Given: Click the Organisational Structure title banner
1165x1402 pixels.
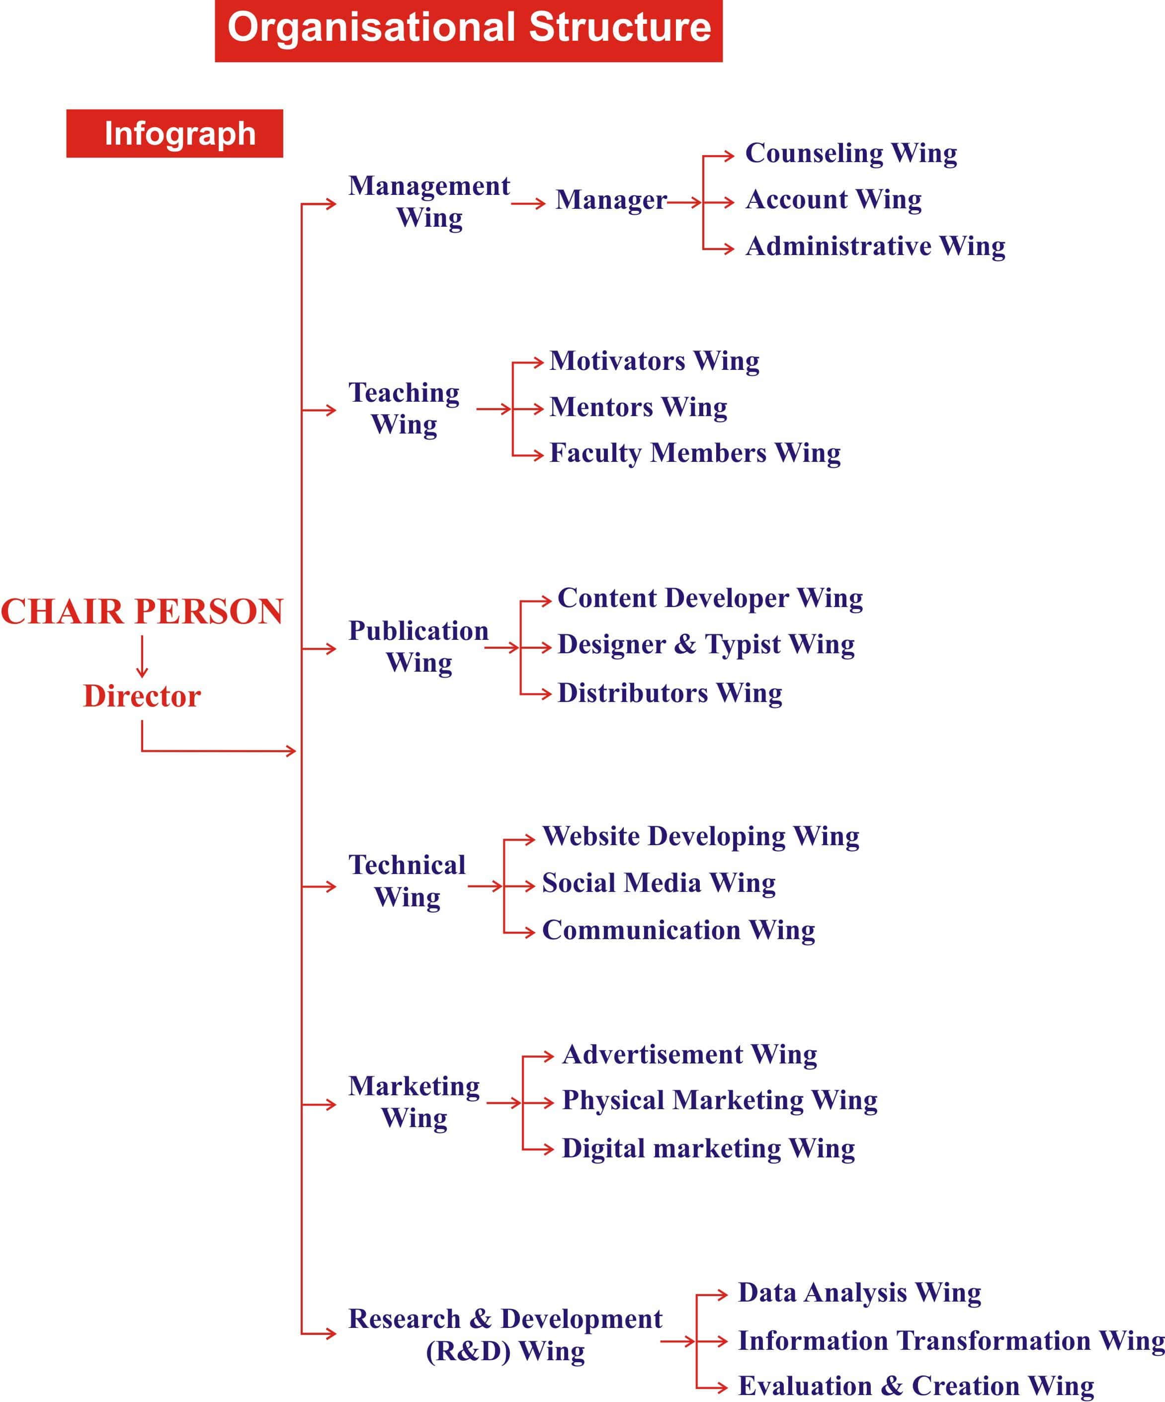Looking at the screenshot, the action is point(468,31).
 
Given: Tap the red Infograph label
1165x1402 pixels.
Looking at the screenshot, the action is point(175,134).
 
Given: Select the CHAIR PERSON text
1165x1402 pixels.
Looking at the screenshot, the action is point(142,612).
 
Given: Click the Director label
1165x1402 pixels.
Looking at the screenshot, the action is point(142,697).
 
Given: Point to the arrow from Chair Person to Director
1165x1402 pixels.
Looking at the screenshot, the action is point(142,657).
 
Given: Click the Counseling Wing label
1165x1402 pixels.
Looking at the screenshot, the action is point(851,154).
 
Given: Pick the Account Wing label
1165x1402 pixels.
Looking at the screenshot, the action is point(833,200).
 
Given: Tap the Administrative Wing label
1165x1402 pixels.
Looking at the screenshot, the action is point(875,247).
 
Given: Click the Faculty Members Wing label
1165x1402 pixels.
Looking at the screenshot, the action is point(695,454).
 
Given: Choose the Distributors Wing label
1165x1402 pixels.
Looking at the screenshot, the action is point(670,694).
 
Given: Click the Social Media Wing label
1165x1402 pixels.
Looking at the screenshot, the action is point(659,884).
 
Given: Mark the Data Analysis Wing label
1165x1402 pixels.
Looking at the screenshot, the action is point(859,1293).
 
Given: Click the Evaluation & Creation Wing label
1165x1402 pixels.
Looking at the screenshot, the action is point(916,1387).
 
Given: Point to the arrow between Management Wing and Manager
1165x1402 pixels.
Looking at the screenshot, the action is point(528,204).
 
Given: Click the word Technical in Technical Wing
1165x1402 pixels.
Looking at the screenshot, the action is point(407,865).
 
